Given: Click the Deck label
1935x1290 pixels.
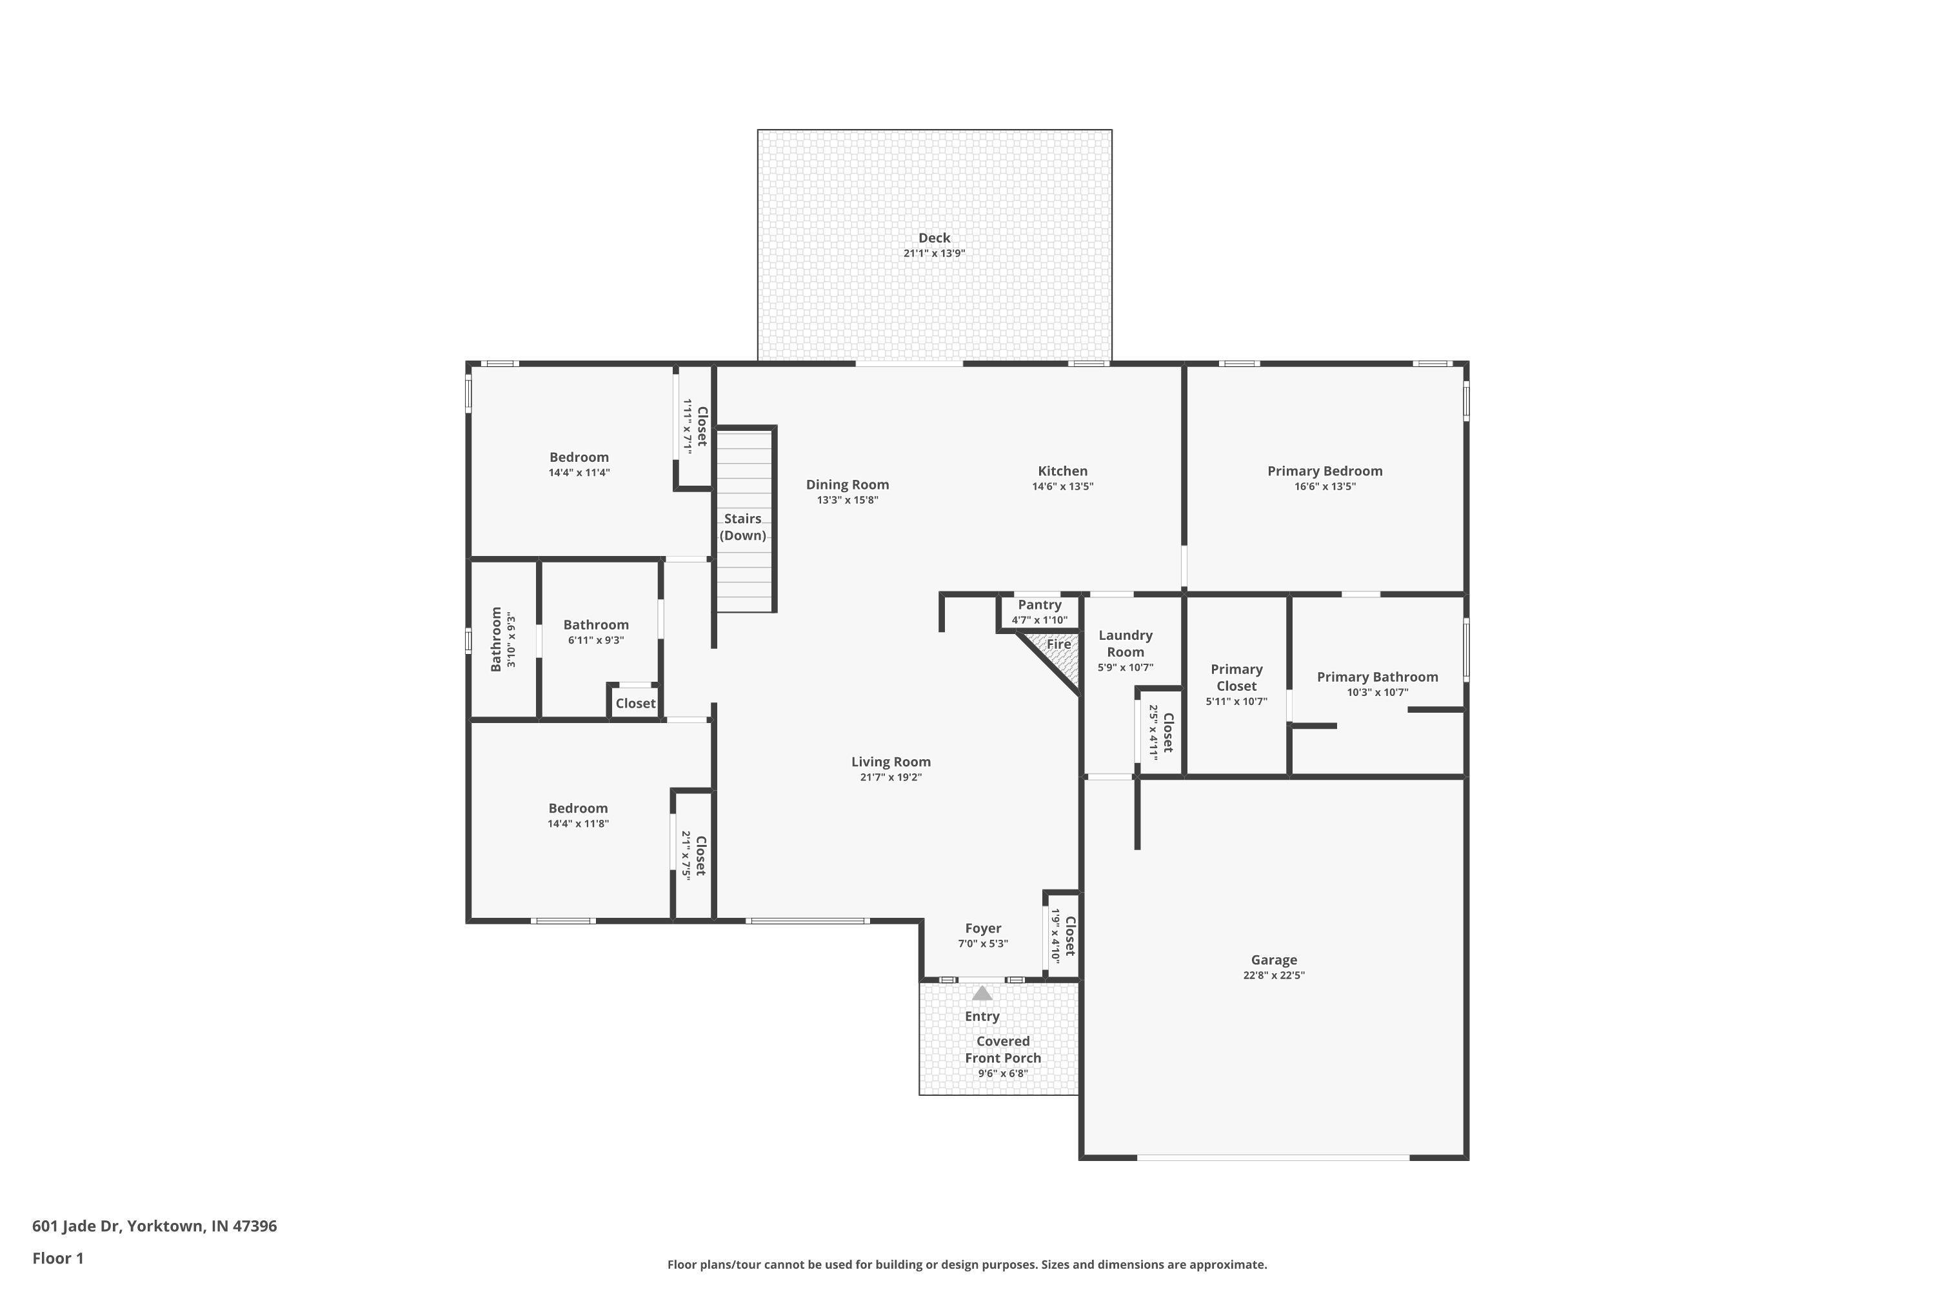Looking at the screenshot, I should (x=934, y=238).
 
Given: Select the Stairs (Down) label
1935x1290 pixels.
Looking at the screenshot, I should (x=743, y=526).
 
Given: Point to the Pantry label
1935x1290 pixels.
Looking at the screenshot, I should (x=1039, y=605).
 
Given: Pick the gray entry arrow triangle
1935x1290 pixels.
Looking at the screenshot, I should (x=982, y=993).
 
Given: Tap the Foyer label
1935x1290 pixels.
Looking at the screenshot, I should (x=982, y=928).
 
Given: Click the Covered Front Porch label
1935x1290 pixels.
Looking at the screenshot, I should (x=1002, y=1050).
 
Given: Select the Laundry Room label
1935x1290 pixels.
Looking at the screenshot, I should (x=1125, y=643).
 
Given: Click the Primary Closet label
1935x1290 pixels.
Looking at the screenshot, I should (x=1236, y=677).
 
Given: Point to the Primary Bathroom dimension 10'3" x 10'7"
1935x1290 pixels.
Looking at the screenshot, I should (x=1377, y=693).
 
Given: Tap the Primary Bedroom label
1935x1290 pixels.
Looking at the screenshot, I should (x=1325, y=471).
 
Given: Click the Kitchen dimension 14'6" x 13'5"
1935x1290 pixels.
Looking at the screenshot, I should (x=1062, y=486).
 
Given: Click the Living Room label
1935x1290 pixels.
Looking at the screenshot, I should (x=890, y=762).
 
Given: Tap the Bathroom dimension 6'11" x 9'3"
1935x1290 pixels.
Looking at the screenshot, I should (x=595, y=640).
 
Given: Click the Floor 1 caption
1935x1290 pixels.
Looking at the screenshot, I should (x=57, y=1258).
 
